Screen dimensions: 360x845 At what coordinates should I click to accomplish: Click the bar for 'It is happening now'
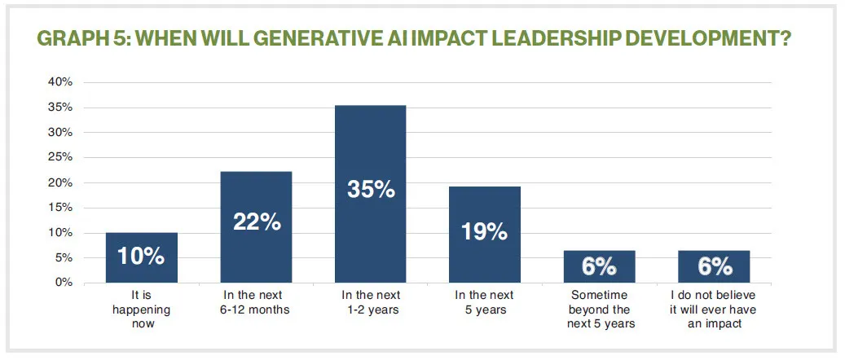(x=141, y=257)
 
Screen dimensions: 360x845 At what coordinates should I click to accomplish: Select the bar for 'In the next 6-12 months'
(x=256, y=226)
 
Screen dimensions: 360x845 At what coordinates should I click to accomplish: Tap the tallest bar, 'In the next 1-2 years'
(x=370, y=194)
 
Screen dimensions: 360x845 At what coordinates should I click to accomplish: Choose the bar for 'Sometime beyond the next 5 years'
(x=599, y=266)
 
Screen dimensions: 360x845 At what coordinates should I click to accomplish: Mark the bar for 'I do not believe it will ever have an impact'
(x=714, y=266)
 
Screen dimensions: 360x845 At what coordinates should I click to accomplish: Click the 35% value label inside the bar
(x=370, y=191)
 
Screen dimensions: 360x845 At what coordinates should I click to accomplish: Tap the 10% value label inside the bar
(x=141, y=257)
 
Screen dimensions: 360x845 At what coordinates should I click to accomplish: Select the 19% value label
(x=485, y=232)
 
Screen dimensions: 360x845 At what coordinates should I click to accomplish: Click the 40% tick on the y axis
(x=61, y=82)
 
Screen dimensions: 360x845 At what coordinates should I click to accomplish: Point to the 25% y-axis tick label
(x=61, y=157)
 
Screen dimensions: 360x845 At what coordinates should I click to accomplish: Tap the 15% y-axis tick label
(x=61, y=208)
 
